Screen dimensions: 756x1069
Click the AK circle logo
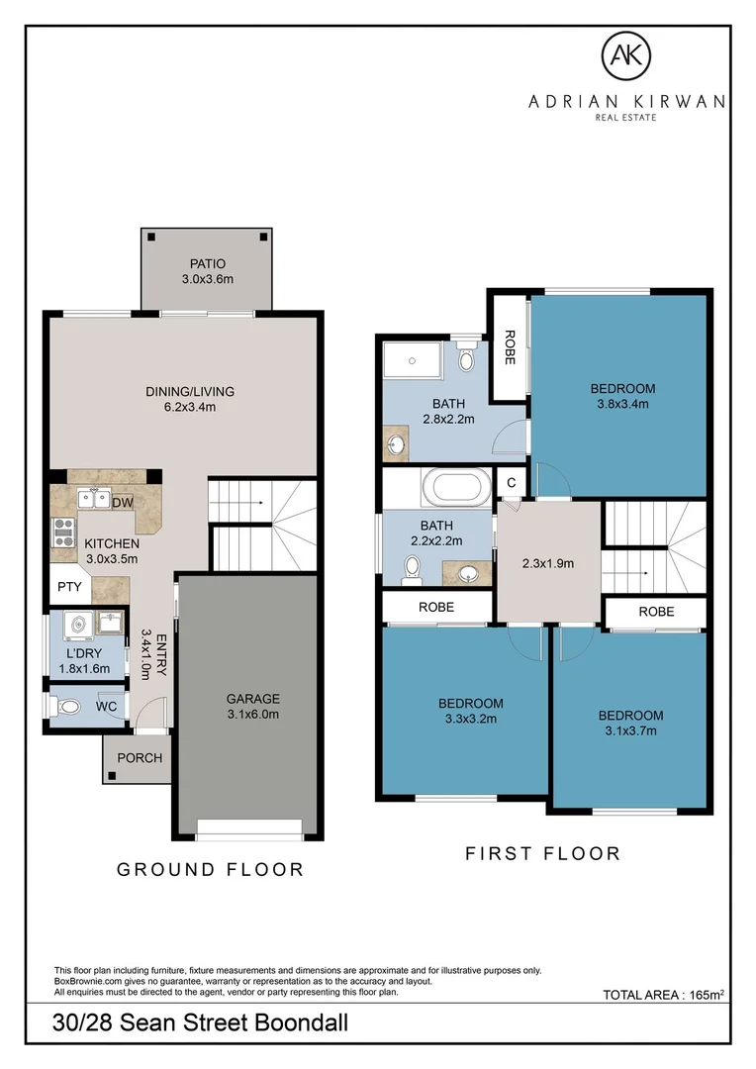625,55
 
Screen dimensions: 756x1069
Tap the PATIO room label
208,264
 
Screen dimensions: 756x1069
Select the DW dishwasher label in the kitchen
123,503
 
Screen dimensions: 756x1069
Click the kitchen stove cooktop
64,533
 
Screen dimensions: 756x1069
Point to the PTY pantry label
69,586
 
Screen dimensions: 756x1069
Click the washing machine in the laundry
78,626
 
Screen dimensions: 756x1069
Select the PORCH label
140,758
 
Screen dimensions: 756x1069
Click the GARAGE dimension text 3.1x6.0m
253,715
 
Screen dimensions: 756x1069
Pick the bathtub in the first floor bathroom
457,487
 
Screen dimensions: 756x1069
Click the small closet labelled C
512,483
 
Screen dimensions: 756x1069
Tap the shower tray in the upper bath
413,360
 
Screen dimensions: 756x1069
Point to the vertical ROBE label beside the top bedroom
510,347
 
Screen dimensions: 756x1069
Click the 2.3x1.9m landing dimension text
548,564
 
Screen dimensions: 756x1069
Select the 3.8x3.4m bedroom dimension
623,404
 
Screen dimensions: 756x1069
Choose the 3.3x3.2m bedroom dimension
471,719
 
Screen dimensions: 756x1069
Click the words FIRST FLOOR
542,853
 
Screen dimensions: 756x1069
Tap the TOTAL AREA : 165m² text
663,995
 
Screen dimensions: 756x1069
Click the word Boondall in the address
301,1022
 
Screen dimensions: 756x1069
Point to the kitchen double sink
94,500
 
